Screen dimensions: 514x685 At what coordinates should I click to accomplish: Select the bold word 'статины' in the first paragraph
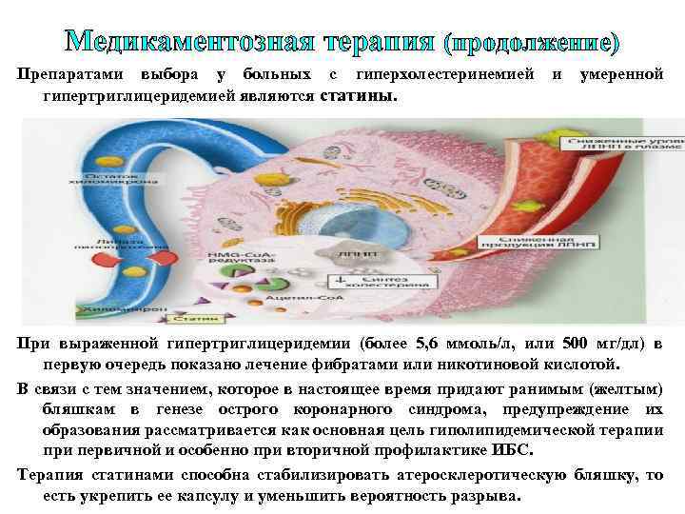point(360,96)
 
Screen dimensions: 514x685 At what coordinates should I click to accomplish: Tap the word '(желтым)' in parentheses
point(628,390)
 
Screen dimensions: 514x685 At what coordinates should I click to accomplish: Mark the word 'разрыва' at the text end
point(488,497)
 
